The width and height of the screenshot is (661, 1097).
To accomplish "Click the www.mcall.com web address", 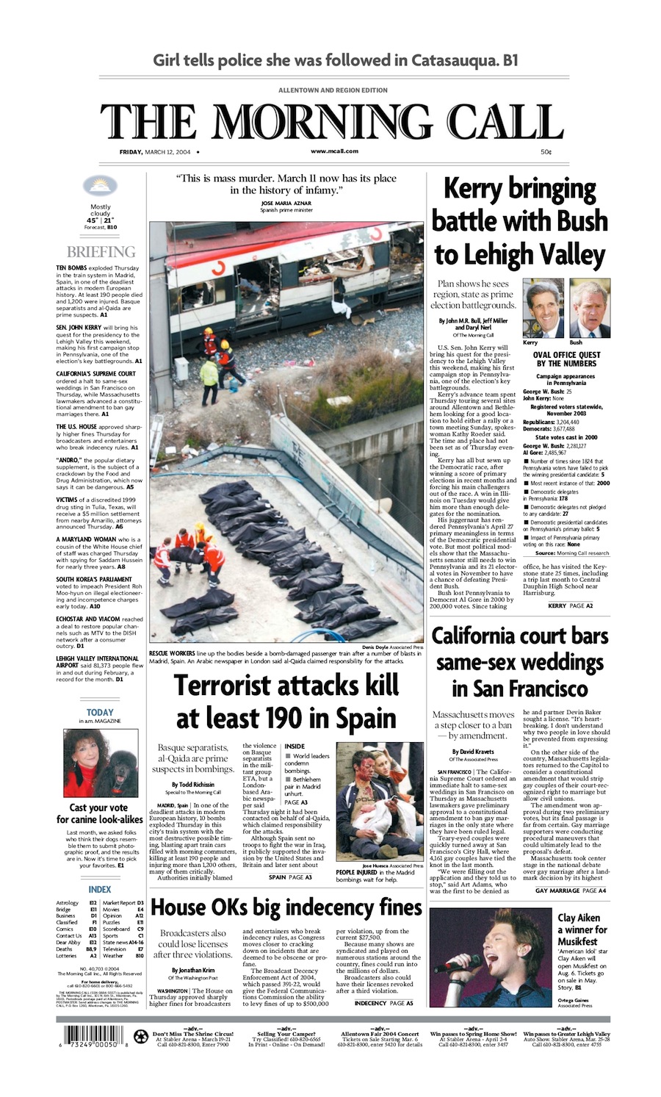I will [x=334, y=151].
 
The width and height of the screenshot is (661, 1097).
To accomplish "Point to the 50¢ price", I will [x=546, y=152].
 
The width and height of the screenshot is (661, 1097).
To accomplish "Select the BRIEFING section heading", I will [x=101, y=252].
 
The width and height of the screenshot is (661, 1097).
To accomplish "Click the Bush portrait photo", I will [x=590, y=308].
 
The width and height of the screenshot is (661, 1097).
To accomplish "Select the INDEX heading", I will [x=100, y=889].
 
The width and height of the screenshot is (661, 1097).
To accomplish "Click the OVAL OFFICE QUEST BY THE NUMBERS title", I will [x=566, y=359].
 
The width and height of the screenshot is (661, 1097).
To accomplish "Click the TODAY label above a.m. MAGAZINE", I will [x=100, y=712].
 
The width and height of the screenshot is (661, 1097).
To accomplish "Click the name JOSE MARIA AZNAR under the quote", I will [x=286, y=202].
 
